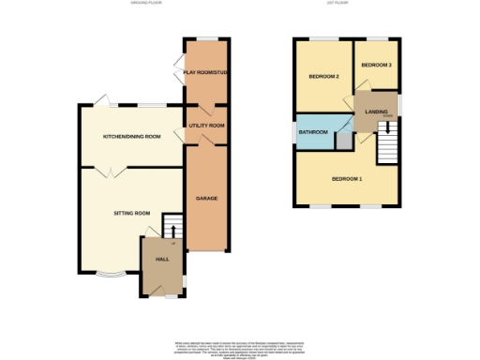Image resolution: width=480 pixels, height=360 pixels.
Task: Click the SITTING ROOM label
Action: (x=132, y=214)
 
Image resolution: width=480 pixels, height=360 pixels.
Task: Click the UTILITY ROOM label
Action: (x=206, y=125)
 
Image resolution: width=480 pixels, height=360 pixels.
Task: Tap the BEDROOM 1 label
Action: (x=347, y=178)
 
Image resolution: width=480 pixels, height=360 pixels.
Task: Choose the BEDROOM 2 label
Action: (x=324, y=76)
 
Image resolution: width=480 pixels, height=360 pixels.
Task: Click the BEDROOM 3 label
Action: (x=377, y=65)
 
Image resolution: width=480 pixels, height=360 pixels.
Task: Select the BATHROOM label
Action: (x=313, y=132)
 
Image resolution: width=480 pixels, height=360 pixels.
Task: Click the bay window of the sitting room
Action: (x=111, y=276)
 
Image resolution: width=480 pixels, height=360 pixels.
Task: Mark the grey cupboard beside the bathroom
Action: (x=344, y=140)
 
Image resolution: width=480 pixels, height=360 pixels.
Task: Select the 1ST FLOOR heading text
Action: (x=344, y=4)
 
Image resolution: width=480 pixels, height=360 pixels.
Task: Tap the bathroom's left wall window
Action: (x=294, y=132)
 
